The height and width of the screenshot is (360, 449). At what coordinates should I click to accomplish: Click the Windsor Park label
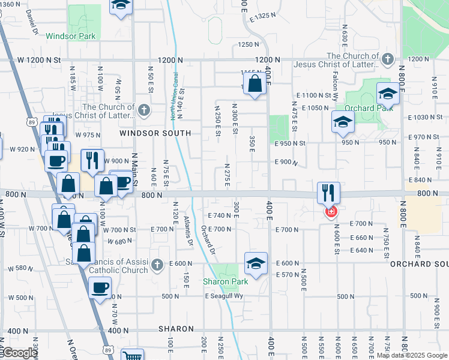(x=70, y=36)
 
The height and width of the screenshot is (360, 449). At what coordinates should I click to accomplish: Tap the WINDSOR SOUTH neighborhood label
(x=155, y=133)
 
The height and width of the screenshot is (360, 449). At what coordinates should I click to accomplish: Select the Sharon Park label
(x=225, y=281)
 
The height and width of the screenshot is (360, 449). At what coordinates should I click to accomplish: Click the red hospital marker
(x=330, y=212)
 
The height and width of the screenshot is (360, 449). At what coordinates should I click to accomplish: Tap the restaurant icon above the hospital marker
(x=328, y=193)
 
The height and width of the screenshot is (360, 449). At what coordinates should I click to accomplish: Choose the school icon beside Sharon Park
(x=256, y=263)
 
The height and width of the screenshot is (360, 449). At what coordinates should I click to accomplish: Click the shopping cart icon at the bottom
(x=132, y=355)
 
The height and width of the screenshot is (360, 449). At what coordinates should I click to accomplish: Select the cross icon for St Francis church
(x=157, y=265)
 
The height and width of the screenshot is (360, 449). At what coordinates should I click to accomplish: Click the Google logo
(x=19, y=353)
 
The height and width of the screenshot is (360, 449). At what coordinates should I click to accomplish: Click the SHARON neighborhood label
(x=176, y=329)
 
